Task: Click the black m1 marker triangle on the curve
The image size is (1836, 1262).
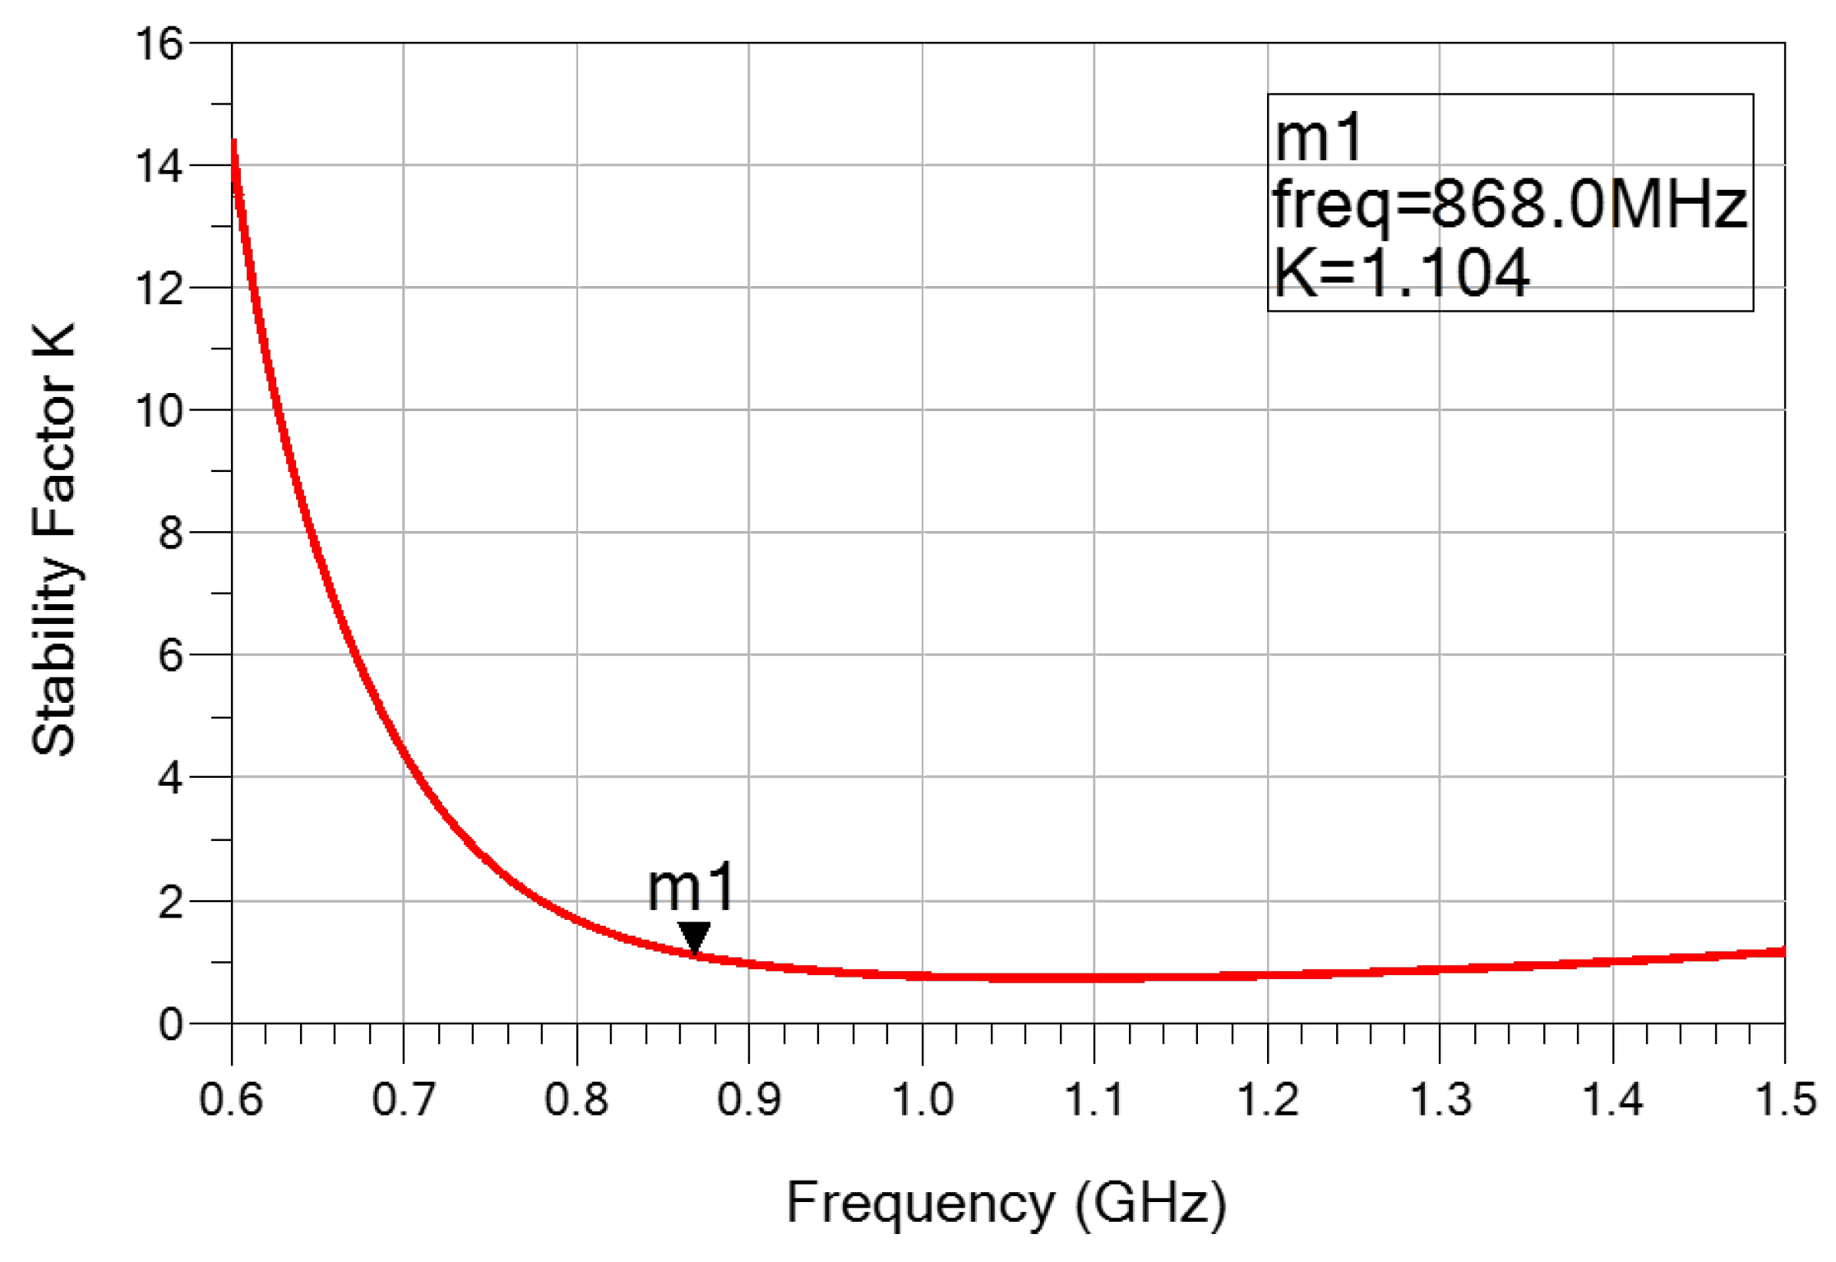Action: point(694,936)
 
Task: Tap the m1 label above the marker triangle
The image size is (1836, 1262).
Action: point(691,889)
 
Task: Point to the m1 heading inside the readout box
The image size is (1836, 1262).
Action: point(1319,137)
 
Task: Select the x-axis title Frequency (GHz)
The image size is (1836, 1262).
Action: point(1006,1203)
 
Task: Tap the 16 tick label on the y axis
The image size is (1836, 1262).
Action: point(159,44)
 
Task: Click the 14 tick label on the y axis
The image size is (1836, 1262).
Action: point(159,166)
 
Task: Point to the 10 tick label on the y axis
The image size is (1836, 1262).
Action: point(159,410)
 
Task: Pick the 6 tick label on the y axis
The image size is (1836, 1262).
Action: point(170,655)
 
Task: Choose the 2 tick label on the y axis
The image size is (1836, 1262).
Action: point(170,902)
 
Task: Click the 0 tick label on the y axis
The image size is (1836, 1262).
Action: point(170,1024)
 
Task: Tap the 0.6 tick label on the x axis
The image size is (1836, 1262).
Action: point(231,1099)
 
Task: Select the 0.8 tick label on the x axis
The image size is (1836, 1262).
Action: point(576,1099)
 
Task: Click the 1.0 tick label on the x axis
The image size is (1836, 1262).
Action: point(923,1099)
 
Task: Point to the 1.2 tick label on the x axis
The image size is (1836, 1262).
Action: point(1268,1099)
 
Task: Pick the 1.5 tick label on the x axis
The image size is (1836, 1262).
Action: point(1785,1099)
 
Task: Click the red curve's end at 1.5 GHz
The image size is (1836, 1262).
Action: point(1783,951)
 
